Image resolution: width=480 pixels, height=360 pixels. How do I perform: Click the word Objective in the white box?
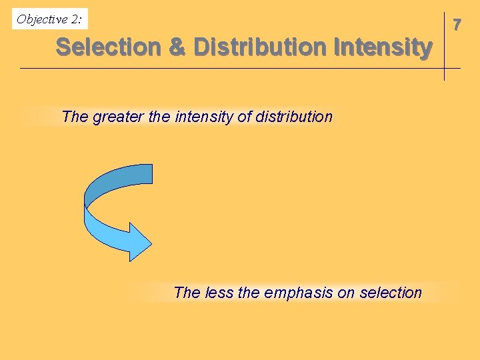[x=42, y=19]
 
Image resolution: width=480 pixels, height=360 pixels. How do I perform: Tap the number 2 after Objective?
[x=75, y=19]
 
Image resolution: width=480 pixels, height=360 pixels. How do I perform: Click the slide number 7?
[x=457, y=25]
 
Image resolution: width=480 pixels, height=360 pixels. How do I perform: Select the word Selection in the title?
[x=109, y=47]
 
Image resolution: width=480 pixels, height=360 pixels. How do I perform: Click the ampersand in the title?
[x=177, y=47]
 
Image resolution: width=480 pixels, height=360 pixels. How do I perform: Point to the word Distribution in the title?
[x=260, y=47]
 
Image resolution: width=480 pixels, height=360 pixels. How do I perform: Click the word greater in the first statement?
[x=118, y=117]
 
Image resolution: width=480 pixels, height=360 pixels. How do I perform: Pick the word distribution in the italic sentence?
[x=294, y=117]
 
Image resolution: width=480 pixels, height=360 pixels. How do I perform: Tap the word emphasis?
[x=298, y=293]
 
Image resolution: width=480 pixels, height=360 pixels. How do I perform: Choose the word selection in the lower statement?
[x=391, y=293]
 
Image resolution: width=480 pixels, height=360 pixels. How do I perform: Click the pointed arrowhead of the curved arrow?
[x=152, y=244]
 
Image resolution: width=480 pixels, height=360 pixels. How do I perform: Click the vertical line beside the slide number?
[x=444, y=46]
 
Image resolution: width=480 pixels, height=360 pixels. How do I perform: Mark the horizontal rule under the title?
[x=240, y=68]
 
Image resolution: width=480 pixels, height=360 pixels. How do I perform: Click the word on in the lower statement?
[x=346, y=293]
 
